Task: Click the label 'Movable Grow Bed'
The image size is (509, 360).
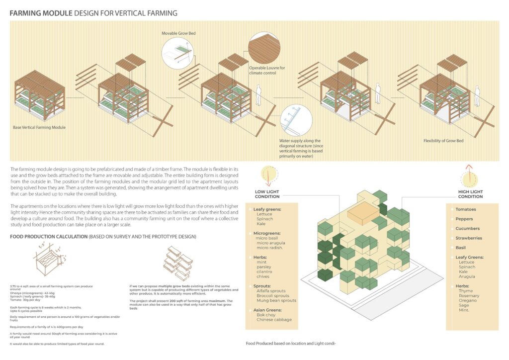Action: (x=178, y=33)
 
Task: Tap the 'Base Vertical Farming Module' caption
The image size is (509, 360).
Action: (x=39, y=127)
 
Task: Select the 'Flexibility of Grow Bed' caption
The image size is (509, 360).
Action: (x=443, y=141)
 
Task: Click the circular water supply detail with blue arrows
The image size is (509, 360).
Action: (x=296, y=121)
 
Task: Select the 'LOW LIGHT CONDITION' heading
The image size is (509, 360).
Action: (x=267, y=194)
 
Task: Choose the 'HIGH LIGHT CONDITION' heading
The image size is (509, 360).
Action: (x=470, y=194)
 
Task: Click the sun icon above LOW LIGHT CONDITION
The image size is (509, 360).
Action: (x=267, y=176)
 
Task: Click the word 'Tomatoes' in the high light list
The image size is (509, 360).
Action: (x=465, y=209)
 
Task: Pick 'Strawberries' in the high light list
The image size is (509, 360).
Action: (x=468, y=238)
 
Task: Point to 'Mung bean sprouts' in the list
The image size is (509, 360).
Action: (x=276, y=300)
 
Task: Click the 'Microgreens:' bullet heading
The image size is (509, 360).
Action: (x=267, y=233)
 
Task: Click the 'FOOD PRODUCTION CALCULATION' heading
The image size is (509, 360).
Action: (x=48, y=236)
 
